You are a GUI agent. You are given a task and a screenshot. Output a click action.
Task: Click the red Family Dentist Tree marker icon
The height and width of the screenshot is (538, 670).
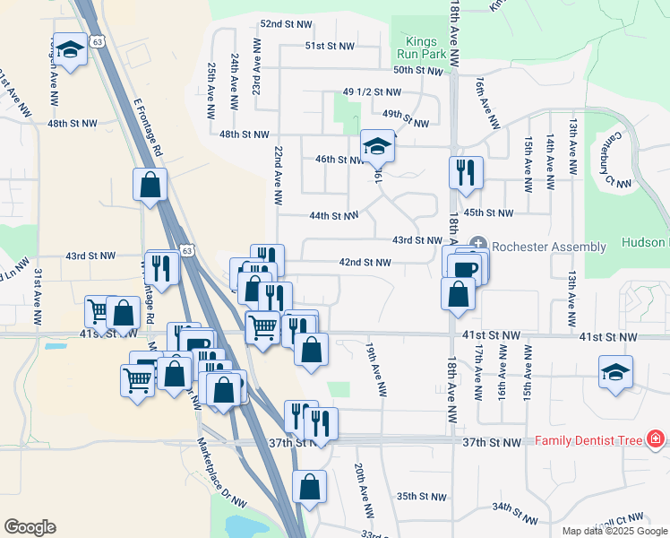(x=657, y=439)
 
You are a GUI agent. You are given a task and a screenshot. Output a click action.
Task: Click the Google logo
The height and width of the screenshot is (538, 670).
(x=30, y=527)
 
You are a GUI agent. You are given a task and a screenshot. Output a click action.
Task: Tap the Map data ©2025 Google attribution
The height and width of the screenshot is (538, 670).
(x=614, y=531)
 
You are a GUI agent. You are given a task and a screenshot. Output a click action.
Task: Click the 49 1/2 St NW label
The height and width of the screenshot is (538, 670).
(x=372, y=91)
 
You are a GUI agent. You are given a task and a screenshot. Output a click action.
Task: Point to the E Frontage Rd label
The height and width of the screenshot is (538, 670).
(x=148, y=129)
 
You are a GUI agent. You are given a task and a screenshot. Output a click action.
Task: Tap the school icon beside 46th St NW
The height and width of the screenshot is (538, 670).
(x=378, y=145)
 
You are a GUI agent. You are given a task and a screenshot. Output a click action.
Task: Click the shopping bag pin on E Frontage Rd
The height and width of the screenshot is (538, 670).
(x=150, y=185)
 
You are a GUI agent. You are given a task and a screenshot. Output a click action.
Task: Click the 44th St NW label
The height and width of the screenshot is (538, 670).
(x=333, y=216)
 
